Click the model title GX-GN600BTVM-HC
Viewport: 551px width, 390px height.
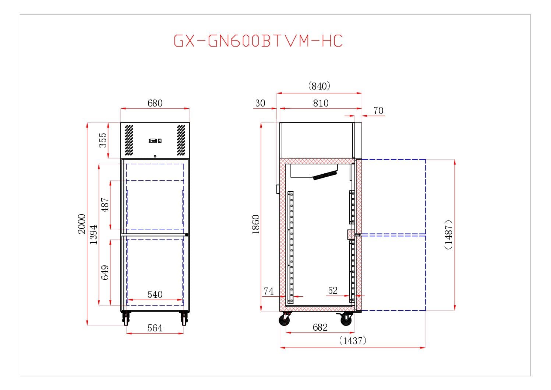pos(258,41)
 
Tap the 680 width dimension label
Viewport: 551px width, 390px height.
pos(155,103)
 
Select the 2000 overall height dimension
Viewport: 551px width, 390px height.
pos(82,224)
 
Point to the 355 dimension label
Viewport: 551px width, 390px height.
pos(103,140)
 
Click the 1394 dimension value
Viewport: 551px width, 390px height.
pos(93,234)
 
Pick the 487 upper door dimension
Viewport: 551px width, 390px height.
pos(105,205)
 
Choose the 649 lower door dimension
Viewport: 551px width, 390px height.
pos(105,272)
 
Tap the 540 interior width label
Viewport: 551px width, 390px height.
pos(155,295)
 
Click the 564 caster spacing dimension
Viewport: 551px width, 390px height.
pos(155,328)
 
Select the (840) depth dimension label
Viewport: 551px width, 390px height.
pos(319,86)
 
